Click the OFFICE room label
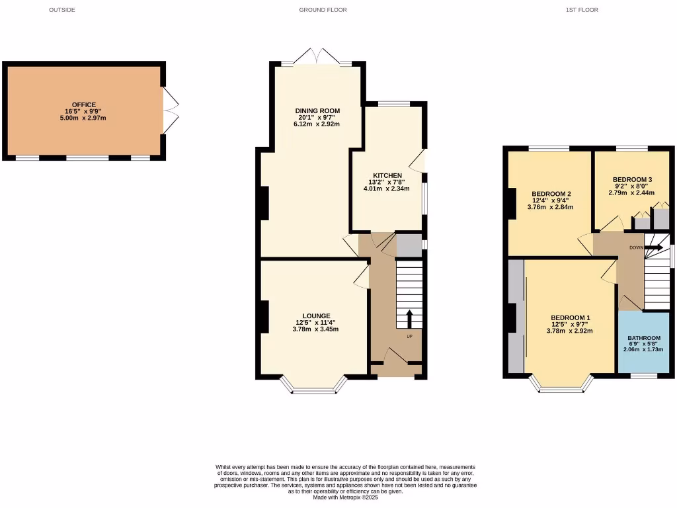(x=84, y=105)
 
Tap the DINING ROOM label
(x=317, y=110)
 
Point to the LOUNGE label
(x=317, y=316)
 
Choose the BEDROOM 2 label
(x=551, y=194)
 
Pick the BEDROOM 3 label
(x=632, y=179)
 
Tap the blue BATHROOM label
(x=644, y=338)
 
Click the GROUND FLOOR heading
(x=323, y=10)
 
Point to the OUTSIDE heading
(x=62, y=10)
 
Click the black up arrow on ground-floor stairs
(x=409, y=319)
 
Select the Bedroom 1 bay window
(x=562, y=388)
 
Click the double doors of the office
(x=171, y=110)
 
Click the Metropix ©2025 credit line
(x=346, y=497)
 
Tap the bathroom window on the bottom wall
(x=643, y=376)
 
